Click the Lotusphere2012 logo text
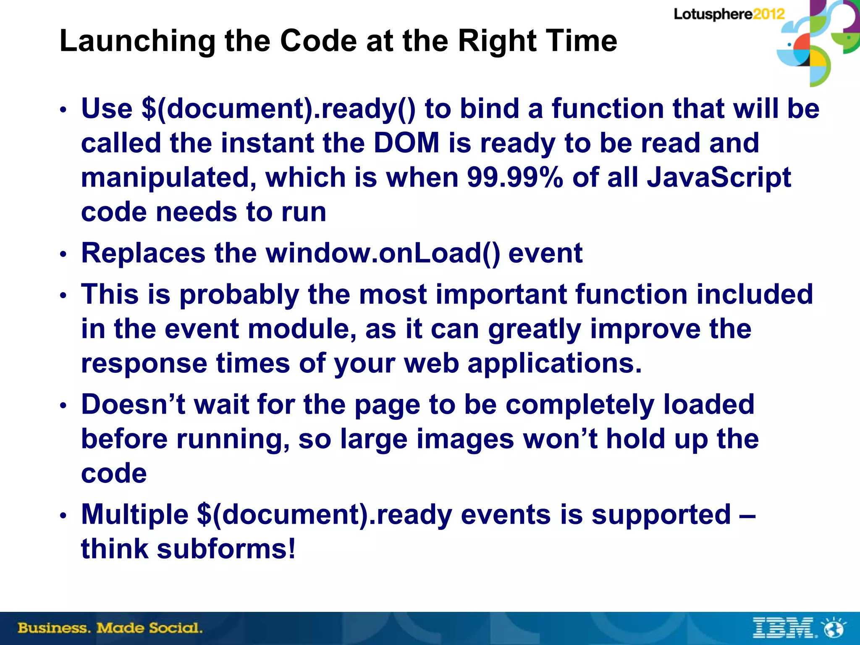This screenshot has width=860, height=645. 729,14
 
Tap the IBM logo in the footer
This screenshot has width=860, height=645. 784,628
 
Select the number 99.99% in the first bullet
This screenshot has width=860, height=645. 515,178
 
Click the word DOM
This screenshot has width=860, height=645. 406,143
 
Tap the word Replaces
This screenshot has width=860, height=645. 143,253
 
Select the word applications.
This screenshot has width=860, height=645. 554,363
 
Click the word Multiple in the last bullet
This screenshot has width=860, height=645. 135,514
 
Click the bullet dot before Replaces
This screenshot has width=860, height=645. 63,254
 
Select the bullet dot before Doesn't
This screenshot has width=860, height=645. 63,406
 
